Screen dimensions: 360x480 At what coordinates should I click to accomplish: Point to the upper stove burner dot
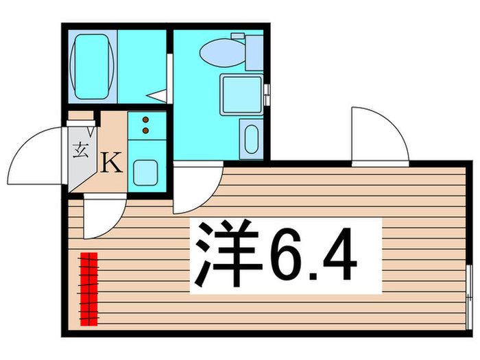pyautogui.click(x=145, y=119)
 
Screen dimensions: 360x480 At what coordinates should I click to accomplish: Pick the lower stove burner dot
pyautogui.click(x=145, y=129)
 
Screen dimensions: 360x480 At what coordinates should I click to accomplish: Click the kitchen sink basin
pyautogui.click(x=145, y=172)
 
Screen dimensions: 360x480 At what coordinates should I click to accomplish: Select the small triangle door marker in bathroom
pyautogui.click(x=158, y=97)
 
